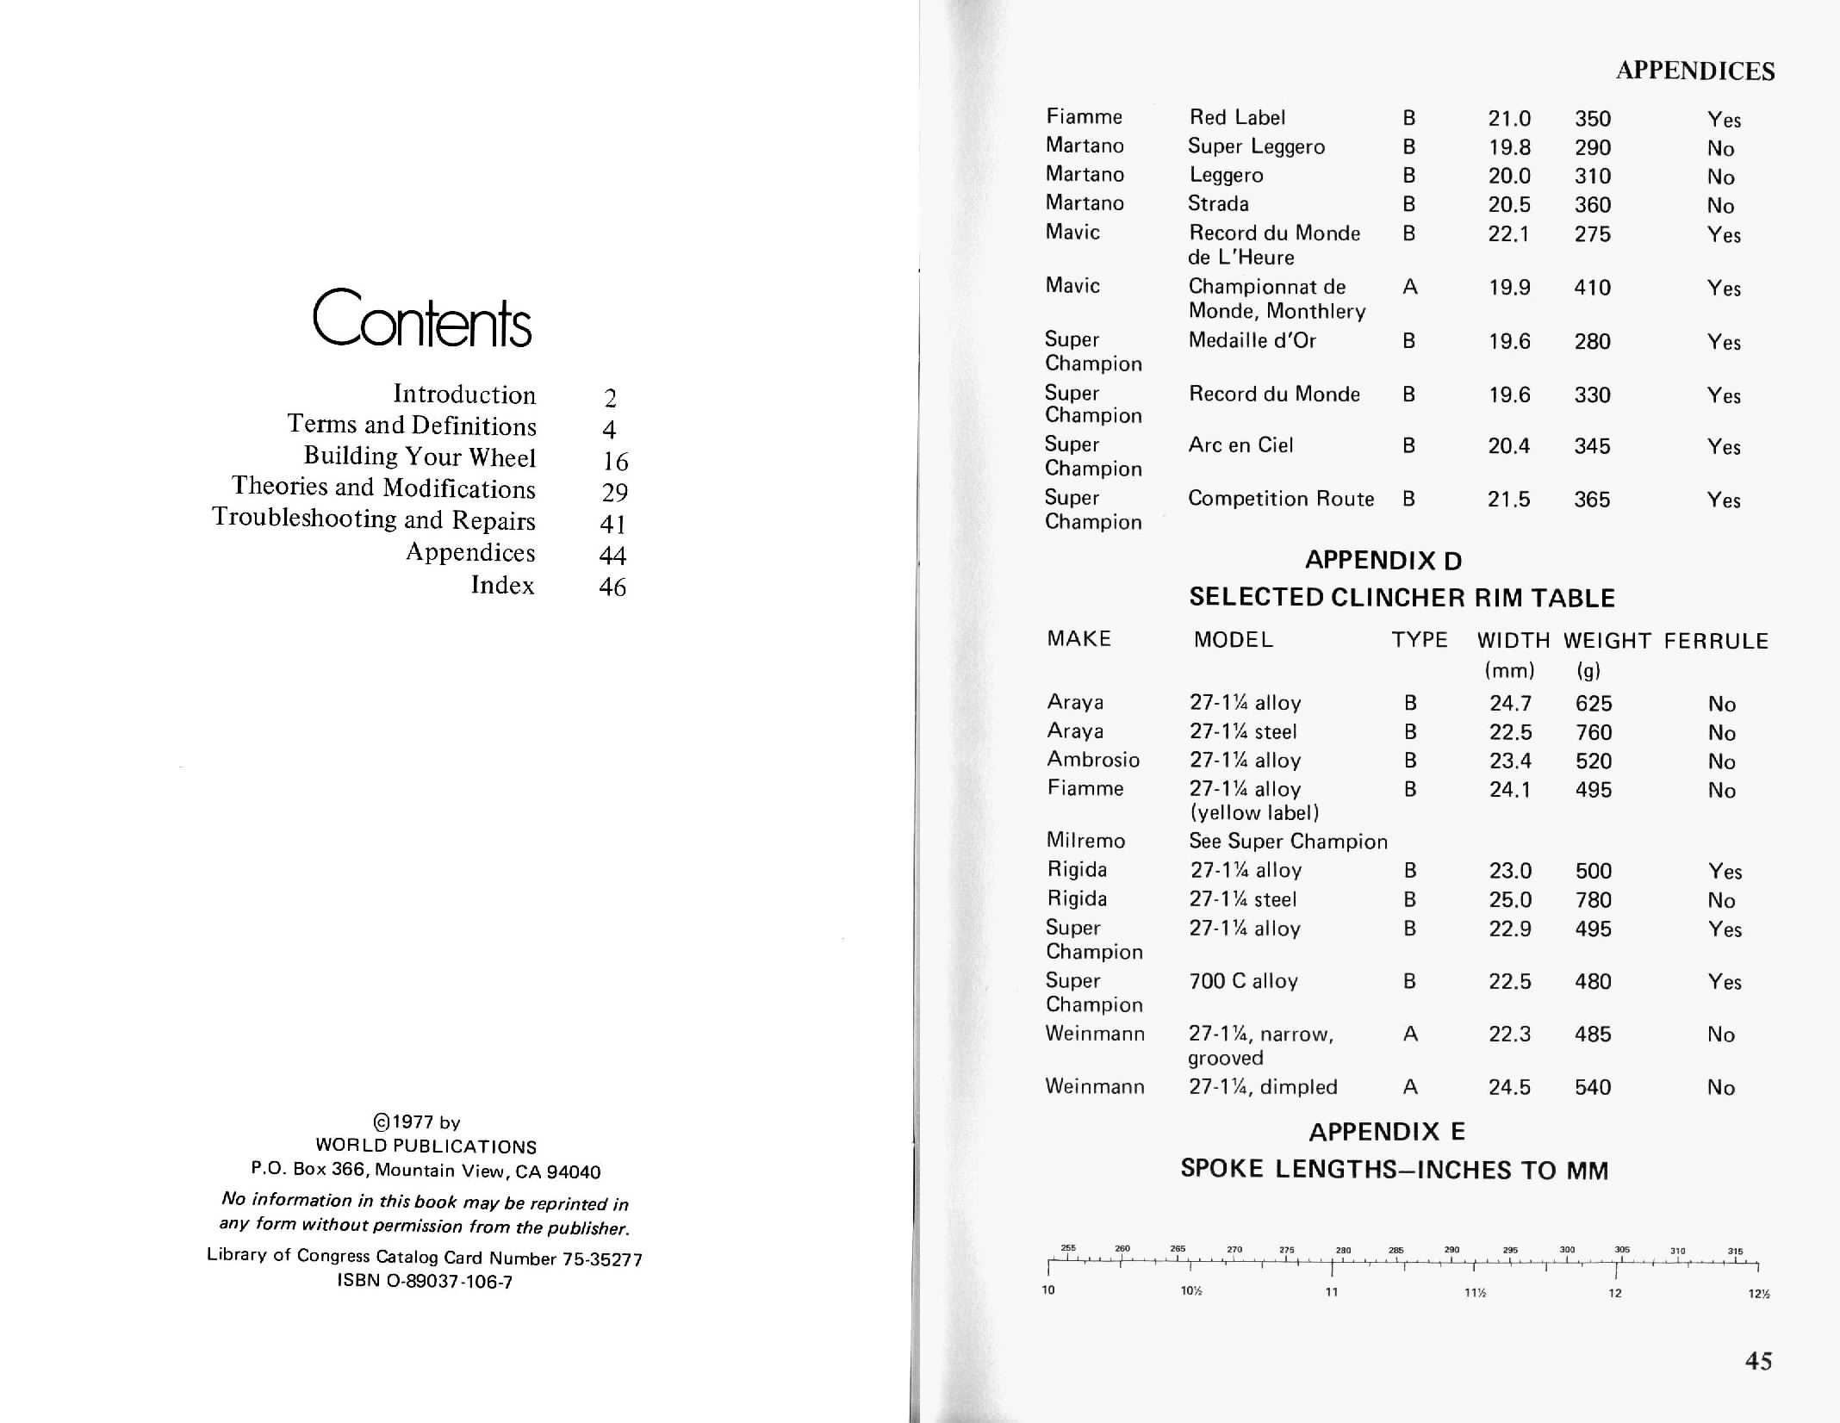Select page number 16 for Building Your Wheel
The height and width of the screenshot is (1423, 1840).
[615, 462]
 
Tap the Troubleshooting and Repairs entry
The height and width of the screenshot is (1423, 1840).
[374, 519]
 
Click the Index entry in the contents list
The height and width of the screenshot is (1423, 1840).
[502, 586]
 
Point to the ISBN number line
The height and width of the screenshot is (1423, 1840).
[425, 1281]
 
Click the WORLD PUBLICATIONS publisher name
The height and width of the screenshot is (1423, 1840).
[426, 1146]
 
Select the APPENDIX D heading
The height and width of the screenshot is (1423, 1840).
[1383, 561]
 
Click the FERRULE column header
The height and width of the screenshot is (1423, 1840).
[1716, 641]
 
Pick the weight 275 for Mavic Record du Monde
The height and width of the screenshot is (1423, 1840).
[1592, 234]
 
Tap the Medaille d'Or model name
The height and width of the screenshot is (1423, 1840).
[1252, 341]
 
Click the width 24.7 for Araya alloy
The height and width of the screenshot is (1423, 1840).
[1510, 704]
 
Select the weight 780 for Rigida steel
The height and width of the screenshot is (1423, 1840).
[1593, 900]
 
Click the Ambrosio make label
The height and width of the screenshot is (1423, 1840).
[1092, 760]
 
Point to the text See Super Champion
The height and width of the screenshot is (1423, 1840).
[1288, 842]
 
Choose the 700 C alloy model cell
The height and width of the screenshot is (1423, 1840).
[1242, 981]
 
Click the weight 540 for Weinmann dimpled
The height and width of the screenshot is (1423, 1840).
[1592, 1087]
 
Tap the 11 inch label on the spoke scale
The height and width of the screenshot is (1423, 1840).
[1332, 1292]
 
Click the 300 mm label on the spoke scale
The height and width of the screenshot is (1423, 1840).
[1567, 1249]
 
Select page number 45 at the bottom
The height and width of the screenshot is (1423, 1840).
[1758, 1361]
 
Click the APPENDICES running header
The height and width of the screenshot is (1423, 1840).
[1694, 71]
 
